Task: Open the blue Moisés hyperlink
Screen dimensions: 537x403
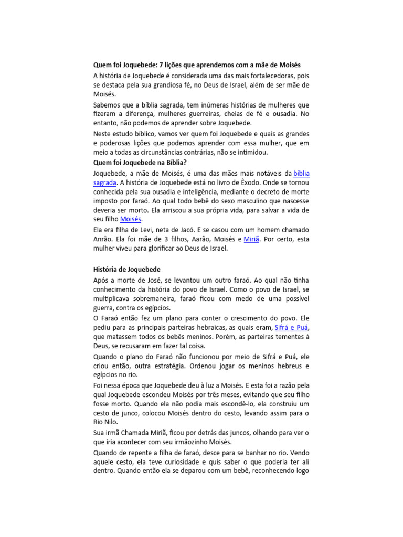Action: pyautogui.click(x=131, y=219)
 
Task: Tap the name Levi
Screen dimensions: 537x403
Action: pyautogui.click(x=146, y=230)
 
